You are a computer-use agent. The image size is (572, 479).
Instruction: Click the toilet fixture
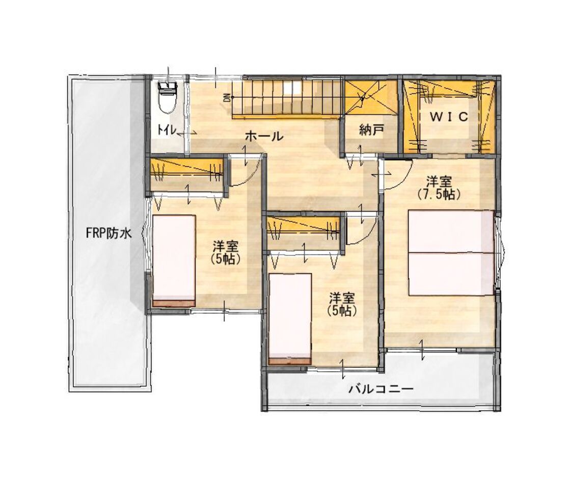(x=168, y=97)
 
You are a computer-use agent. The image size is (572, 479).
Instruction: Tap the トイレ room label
(x=168, y=129)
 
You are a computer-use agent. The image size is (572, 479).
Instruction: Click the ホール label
(x=264, y=136)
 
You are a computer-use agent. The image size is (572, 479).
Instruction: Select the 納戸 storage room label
(x=371, y=130)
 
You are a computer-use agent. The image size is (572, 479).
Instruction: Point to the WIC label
(x=449, y=117)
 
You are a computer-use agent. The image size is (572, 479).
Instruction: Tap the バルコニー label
(x=381, y=389)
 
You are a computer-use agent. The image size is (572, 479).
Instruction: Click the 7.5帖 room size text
(x=439, y=195)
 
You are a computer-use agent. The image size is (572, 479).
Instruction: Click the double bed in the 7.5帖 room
(x=451, y=252)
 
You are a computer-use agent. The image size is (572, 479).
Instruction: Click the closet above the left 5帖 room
(x=187, y=174)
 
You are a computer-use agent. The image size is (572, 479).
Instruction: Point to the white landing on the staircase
(x=292, y=88)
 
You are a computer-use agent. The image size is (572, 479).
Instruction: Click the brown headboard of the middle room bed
(x=290, y=361)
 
